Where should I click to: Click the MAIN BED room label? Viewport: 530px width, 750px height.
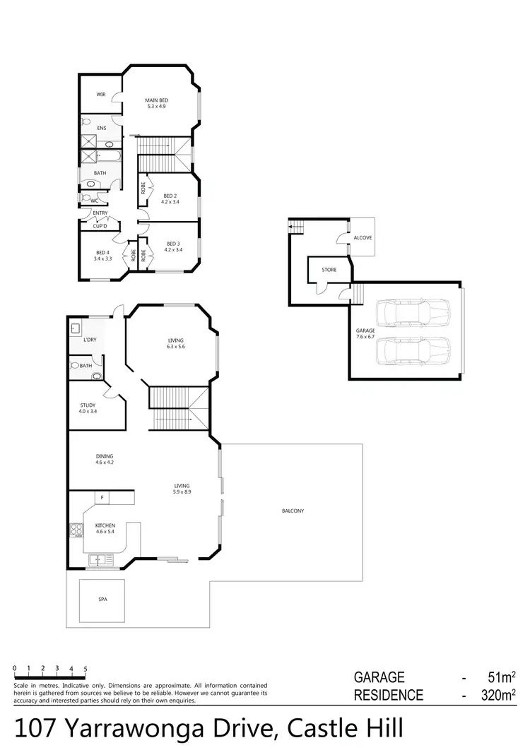[157, 100]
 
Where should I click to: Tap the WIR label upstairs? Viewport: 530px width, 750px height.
[101, 95]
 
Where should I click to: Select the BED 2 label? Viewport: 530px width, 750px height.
[170, 196]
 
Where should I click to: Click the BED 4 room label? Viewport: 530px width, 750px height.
[103, 253]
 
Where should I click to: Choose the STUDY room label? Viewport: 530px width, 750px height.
[88, 405]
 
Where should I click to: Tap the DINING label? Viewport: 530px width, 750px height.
[105, 456]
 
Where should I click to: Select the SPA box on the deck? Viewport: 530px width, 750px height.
[103, 599]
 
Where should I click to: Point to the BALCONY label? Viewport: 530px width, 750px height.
[293, 511]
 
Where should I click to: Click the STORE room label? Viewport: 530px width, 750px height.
[329, 270]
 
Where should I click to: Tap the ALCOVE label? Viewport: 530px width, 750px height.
[363, 239]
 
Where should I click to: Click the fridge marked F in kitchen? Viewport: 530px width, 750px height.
[102, 498]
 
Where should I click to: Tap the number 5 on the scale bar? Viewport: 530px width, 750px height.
[86, 668]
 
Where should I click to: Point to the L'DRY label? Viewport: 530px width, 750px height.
[90, 340]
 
